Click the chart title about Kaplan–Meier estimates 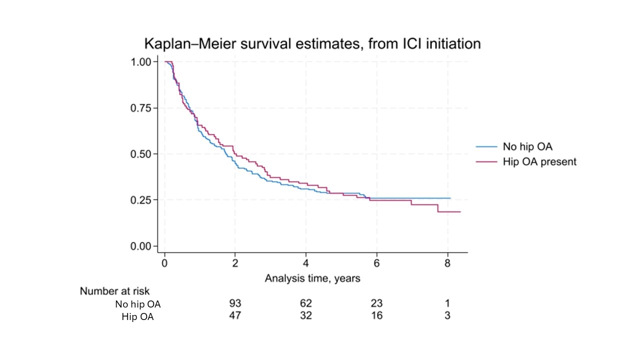click(312, 43)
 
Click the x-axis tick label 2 click(235, 263)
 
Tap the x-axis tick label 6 click(376, 263)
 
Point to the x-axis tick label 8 click(447, 263)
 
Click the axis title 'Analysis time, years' click(312, 278)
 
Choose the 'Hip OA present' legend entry click(539, 161)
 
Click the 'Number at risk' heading click(114, 291)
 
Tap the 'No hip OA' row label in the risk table click(138, 304)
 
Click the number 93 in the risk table click(235, 303)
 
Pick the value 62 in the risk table click(305, 303)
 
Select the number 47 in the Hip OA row click(235, 316)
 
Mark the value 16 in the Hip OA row click(376, 316)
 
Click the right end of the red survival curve click(460, 212)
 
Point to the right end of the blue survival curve click(450, 198)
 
